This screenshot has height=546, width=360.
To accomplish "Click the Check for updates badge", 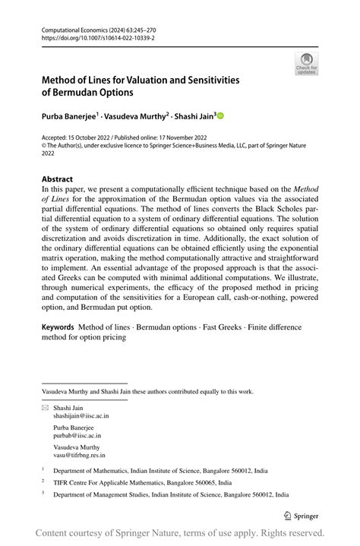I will point(307,64).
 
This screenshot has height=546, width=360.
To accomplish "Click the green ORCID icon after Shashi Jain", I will point(221,116).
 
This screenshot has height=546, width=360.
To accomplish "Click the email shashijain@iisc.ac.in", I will point(81,416).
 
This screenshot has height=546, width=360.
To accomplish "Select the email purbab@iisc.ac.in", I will point(77,436).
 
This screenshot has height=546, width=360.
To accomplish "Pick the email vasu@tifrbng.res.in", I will point(79,456).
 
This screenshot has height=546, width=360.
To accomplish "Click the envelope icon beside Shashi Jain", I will point(44,408).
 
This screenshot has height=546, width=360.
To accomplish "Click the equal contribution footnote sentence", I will point(147,392).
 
